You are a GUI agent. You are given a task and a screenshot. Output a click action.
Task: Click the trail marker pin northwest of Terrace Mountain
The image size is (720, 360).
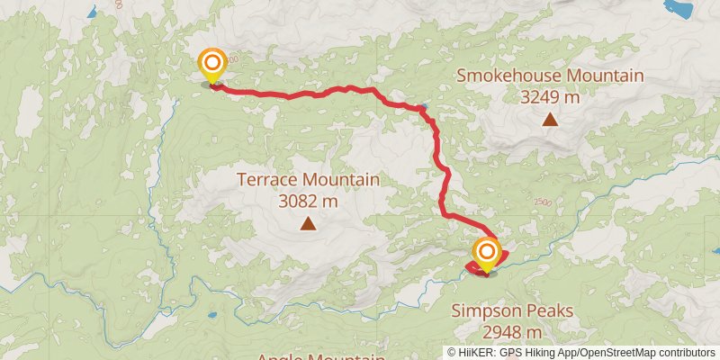click(x=212, y=64)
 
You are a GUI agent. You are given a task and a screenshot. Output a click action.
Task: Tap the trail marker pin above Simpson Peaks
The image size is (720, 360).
click(x=487, y=252)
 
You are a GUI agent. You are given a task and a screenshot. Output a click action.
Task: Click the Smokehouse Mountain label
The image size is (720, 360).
click(x=549, y=76)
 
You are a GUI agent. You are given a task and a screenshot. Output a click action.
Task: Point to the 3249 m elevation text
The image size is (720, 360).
click(x=549, y=95)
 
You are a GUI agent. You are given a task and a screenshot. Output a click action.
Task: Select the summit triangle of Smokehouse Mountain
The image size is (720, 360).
click(x=549, y=119)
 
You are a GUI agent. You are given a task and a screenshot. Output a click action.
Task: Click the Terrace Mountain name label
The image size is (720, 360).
click(x=308, y=180)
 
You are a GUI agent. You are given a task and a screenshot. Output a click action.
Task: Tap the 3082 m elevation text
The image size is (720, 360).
click(x=308, y=201)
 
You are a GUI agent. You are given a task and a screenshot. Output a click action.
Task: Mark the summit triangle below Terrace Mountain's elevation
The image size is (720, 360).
click(x=308, y=224)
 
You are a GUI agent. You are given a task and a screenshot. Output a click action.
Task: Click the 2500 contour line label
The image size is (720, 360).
click(x=540, y=203)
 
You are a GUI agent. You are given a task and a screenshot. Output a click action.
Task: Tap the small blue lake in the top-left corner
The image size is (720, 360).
click(x=92, y=13)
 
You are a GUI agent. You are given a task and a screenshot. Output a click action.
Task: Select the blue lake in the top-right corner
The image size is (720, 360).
click(x=680, y=9)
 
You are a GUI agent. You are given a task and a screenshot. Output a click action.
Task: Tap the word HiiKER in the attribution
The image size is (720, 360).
click(x=477, y=352)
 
